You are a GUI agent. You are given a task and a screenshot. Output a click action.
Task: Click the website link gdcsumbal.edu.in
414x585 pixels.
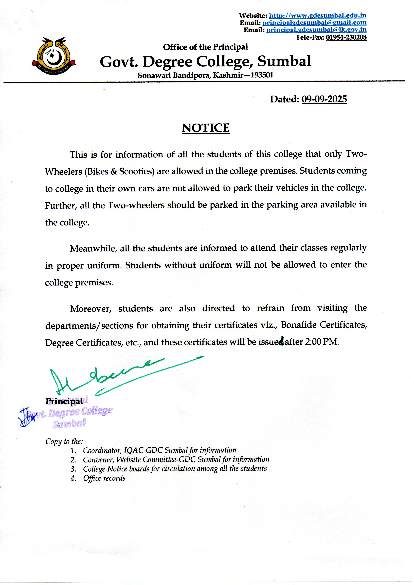point(318,16)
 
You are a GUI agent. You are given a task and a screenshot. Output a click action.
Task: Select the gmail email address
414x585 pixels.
point(314,23)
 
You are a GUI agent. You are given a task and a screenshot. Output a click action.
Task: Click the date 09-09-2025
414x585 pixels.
point(324,99)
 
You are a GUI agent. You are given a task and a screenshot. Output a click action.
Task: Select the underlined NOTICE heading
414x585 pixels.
point(205,128)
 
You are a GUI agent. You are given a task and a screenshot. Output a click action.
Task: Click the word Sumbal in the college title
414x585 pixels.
point(284,61)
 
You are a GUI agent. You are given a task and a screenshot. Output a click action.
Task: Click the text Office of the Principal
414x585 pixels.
point(205,47)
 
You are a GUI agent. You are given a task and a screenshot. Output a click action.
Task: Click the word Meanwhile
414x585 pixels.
point(93,248)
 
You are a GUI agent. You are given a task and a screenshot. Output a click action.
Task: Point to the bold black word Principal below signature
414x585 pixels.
point(64,401)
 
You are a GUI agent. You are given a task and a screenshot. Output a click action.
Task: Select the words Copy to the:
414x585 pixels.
point(64,441)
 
